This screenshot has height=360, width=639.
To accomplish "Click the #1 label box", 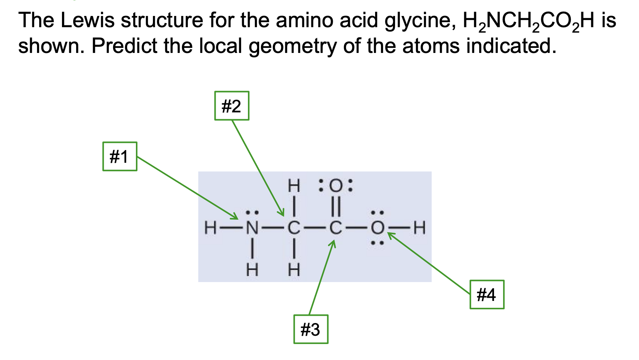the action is click(x=120, y=156).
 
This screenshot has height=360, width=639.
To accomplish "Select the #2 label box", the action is click(x=232, y=106).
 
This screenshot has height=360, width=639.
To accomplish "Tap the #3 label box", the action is click(x=311, y=329).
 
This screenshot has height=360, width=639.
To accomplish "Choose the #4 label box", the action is click(x=487, y=294).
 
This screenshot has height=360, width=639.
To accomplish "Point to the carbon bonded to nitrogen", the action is click(x=294, y=228).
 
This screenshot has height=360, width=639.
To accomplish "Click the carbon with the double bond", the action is click(x=336, y=228).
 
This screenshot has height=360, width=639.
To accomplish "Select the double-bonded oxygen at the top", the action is click(x=336, y=186).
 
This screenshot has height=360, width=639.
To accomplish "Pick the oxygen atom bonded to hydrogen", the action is click(x=377, y=228).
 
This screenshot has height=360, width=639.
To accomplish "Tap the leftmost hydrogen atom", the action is click(x=210, y=228).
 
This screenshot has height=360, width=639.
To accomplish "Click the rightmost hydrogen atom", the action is click(x=419, y=228).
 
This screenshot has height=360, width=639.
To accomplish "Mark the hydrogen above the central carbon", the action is click(x=294, y=186).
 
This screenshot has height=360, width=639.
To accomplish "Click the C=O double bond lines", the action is click(x=336, y=207).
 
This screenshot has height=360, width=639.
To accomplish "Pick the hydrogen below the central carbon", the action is click(x=294, y=270).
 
